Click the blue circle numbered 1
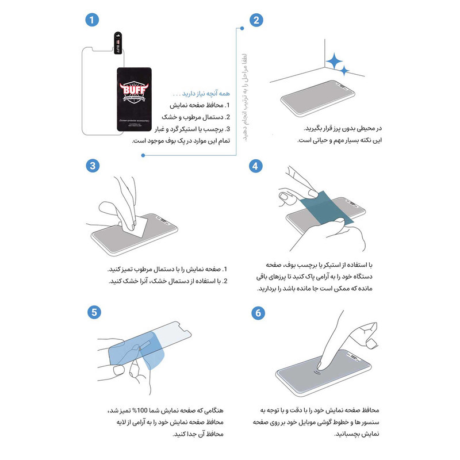pyautogui.click(x=90, y=20)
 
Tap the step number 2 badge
pyautogui.click(x=256, y=20)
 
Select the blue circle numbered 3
pyautogui.click(x=90, y=166)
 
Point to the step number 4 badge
pyautogui.click(x=256, y=166)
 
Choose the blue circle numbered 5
pyautogui.click(x=90, y=312)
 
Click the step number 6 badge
pyautogui.click(x=256, y=312)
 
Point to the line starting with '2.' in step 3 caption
pyautogui.click(x=172, y=281)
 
